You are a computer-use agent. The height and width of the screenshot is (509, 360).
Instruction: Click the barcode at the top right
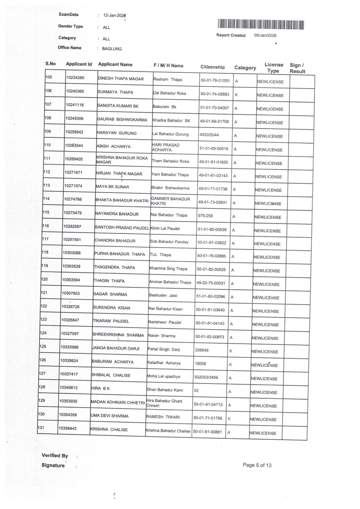pos(261,24)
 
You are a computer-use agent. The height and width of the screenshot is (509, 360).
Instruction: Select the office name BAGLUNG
pos(112,49)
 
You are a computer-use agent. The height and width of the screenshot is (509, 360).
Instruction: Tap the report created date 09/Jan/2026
pos(265,36)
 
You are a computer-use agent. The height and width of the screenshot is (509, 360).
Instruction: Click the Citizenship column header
pos(213,67)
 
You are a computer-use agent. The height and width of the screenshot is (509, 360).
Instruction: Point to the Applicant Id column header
pos(79,64)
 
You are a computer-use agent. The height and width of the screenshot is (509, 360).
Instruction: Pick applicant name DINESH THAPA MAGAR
pos(121,79)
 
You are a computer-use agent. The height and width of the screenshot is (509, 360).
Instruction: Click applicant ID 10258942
pos(74,132)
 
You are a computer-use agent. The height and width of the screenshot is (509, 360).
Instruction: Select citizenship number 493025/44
pos(209,135)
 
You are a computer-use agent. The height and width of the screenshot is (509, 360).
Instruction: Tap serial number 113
pos(46,185)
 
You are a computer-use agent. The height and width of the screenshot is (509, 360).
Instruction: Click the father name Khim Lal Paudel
pos(165,228)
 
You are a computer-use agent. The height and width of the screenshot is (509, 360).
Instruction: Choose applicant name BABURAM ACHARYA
pos(113,362)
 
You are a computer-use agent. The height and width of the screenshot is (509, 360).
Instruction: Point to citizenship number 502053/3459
pos(206,377)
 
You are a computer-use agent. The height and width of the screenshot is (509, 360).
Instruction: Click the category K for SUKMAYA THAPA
pos(236,95)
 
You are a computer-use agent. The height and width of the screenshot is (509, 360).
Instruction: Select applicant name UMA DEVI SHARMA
pos(110,416)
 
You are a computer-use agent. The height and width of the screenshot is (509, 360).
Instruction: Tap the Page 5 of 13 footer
pos(257,465)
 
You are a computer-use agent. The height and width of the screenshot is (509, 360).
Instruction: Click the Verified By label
pos(55,456)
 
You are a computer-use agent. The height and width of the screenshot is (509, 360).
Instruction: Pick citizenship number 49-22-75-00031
pos(211,283)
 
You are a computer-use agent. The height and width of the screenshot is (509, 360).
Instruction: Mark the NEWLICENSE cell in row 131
pos(263,433)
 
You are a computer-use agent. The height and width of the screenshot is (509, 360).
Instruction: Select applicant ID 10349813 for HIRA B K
pos(68,388)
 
